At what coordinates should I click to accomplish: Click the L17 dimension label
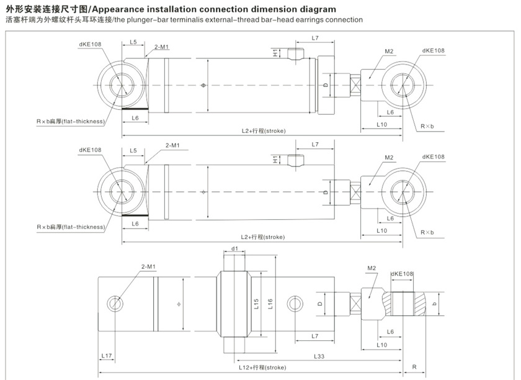click(x=107, y=356)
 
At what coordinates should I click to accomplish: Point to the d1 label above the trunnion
click(x=234, y=249)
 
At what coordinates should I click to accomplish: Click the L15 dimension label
click(x=256, y=304)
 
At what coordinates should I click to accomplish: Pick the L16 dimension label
click(x=270, y=304)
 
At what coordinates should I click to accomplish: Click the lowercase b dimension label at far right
click(x=435, y=304)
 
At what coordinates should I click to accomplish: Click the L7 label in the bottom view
click(x=315, y=335)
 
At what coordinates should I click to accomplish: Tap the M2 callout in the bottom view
click(x=372, y=268)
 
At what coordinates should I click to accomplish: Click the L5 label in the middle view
click(x=133, y=151)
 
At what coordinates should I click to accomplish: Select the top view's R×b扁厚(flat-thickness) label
click(x=70, y=120)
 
